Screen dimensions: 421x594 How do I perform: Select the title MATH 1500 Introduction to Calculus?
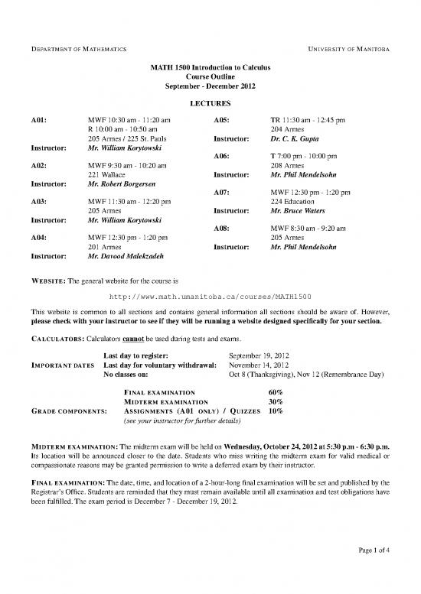pyautogui.click(x=210, y=67)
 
